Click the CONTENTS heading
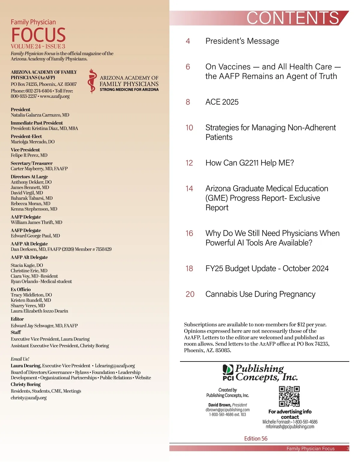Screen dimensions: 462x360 293,18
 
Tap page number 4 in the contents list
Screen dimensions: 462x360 188,41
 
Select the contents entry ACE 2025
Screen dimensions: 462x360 222,102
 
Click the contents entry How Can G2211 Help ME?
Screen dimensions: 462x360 250,163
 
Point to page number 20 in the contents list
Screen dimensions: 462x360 190,294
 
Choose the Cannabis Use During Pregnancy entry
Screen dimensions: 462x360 260,294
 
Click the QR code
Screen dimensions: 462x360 289,396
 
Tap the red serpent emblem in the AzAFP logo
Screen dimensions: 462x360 92,81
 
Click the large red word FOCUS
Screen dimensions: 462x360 38,35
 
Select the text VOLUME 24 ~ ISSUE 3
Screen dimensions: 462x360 38,46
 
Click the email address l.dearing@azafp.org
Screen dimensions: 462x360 115,366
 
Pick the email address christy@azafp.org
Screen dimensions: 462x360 29,398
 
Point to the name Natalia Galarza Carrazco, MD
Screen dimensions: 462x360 40,115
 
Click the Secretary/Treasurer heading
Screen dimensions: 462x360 31,163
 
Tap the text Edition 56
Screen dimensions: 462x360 256,439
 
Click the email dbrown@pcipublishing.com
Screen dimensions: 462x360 227,410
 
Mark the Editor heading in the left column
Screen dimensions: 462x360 17,319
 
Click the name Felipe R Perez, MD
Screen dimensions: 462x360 29,155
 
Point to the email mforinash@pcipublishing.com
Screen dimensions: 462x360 290,427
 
